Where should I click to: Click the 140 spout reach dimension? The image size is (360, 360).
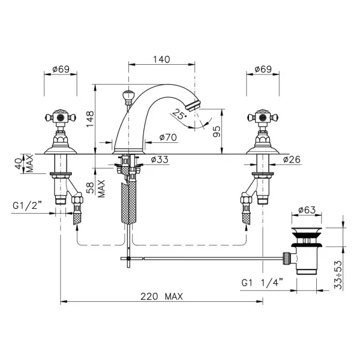click(161, 59)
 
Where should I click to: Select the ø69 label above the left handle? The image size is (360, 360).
click(61, 69)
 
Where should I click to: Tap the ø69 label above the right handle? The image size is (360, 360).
click(263, 69)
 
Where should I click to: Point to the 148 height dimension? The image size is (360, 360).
click(90, 118)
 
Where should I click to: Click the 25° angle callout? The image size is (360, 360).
click(179, 114)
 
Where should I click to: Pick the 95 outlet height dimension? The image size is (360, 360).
click(217, 131)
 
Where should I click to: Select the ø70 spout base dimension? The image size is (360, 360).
click(168, 137)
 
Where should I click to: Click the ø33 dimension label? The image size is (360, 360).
click(160, 160)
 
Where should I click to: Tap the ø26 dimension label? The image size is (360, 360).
click(292, 160)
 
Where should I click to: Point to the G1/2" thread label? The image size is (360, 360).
click(28, 205)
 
